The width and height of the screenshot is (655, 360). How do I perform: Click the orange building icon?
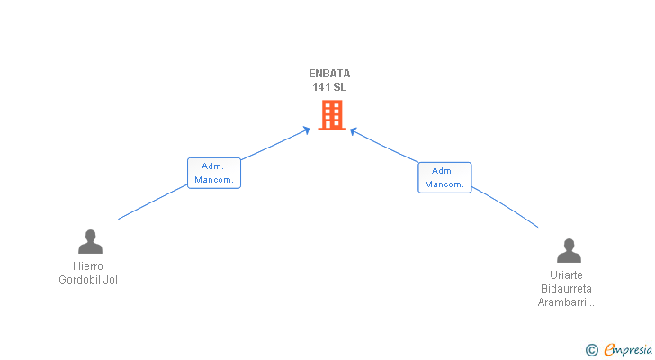click(332, 115)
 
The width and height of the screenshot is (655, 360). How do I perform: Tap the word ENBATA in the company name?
click(328, 74)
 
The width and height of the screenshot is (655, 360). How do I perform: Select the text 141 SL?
click(328, 87)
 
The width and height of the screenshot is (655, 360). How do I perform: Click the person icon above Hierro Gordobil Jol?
click(90, 242)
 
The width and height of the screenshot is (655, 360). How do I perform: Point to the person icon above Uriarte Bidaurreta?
click(569, 250)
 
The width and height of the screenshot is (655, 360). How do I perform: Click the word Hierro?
click(88, 266)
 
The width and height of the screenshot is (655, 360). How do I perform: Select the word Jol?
click(111, 280)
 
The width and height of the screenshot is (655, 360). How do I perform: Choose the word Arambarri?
click(563, 302)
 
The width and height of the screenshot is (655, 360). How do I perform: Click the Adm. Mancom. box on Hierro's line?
click(214, 173)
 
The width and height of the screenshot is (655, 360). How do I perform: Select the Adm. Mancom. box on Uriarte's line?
click(444, 177)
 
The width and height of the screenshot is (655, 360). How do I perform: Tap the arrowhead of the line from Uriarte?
click(354, 131)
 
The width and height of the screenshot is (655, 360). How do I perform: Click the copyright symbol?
click(592, 350)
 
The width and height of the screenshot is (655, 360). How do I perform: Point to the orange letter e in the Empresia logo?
click(609, 350)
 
